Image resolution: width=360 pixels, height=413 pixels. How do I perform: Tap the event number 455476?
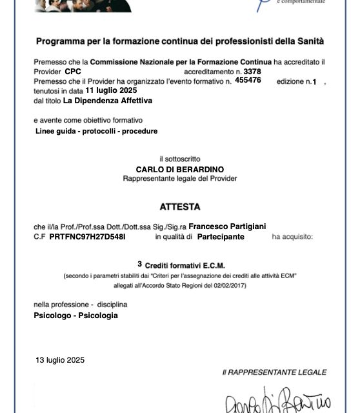[x=248, y=80]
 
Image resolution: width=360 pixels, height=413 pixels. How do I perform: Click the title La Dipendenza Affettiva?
[x=108, y=100]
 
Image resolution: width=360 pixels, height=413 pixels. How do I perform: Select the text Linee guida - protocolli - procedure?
[x=97, y=131]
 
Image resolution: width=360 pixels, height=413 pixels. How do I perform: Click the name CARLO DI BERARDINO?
[x=180, y=168]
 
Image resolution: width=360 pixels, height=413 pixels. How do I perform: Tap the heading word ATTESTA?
[x=180, y=207]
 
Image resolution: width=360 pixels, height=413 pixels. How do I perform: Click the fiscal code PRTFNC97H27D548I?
[x=87, y=237]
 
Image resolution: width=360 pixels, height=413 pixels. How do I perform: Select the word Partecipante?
[x=221, y=237]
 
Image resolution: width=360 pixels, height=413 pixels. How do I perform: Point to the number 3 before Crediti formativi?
[x=139, y=264]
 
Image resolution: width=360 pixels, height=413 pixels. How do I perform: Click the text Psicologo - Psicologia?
[x=75, y=316]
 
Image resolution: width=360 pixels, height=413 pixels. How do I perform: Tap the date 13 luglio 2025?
[x=60, y=360]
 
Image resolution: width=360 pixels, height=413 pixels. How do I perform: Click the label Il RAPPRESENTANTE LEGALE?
[x=274, y=372]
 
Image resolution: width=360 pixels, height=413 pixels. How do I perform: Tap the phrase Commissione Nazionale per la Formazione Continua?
[x=181, y=62]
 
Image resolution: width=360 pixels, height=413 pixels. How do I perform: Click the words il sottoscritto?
[x=180, y=159]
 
